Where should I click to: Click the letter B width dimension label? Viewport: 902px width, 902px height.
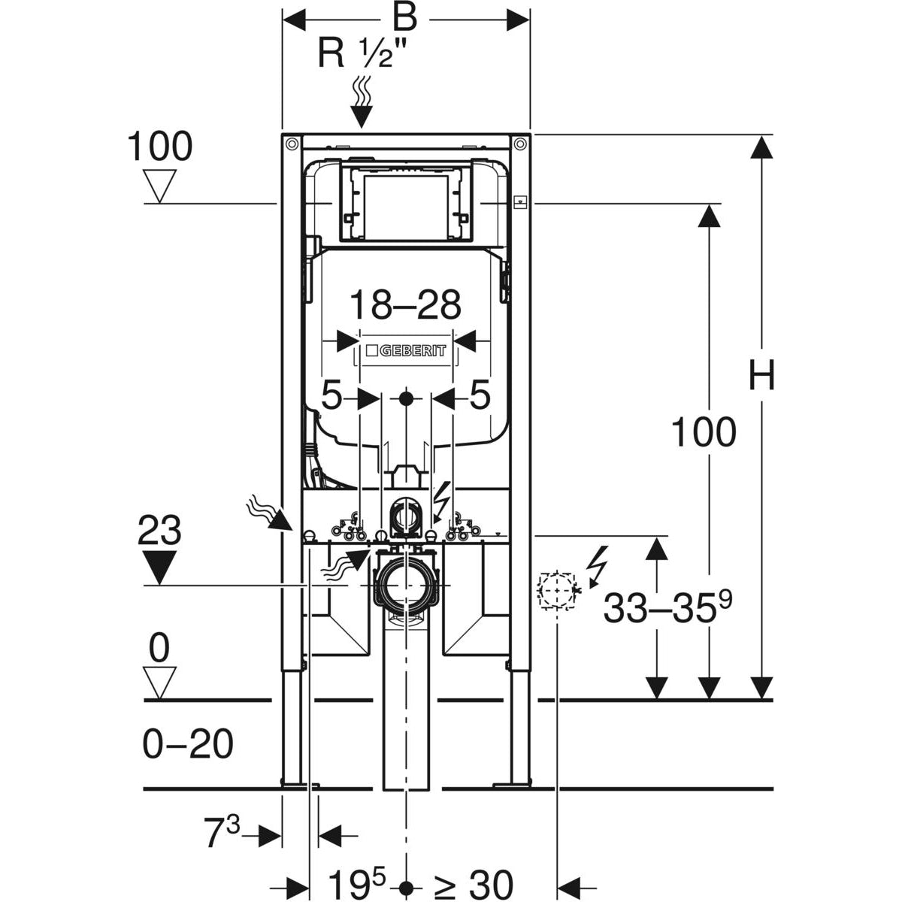(406, 16)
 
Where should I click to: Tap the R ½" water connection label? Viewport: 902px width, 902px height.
(368, 54)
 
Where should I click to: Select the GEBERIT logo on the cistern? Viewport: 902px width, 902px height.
(406, 351)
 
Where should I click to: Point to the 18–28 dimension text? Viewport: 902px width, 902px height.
(406, 306)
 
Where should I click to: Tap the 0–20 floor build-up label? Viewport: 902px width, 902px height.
(188, 744)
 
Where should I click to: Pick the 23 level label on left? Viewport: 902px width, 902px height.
(160, 532)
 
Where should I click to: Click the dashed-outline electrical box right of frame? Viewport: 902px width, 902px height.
(556, 590)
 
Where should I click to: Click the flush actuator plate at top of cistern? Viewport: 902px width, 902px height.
(406, 201)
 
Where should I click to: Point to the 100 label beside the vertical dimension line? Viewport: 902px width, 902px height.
(703, 433)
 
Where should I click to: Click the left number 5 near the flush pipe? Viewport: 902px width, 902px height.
(331, 396)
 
